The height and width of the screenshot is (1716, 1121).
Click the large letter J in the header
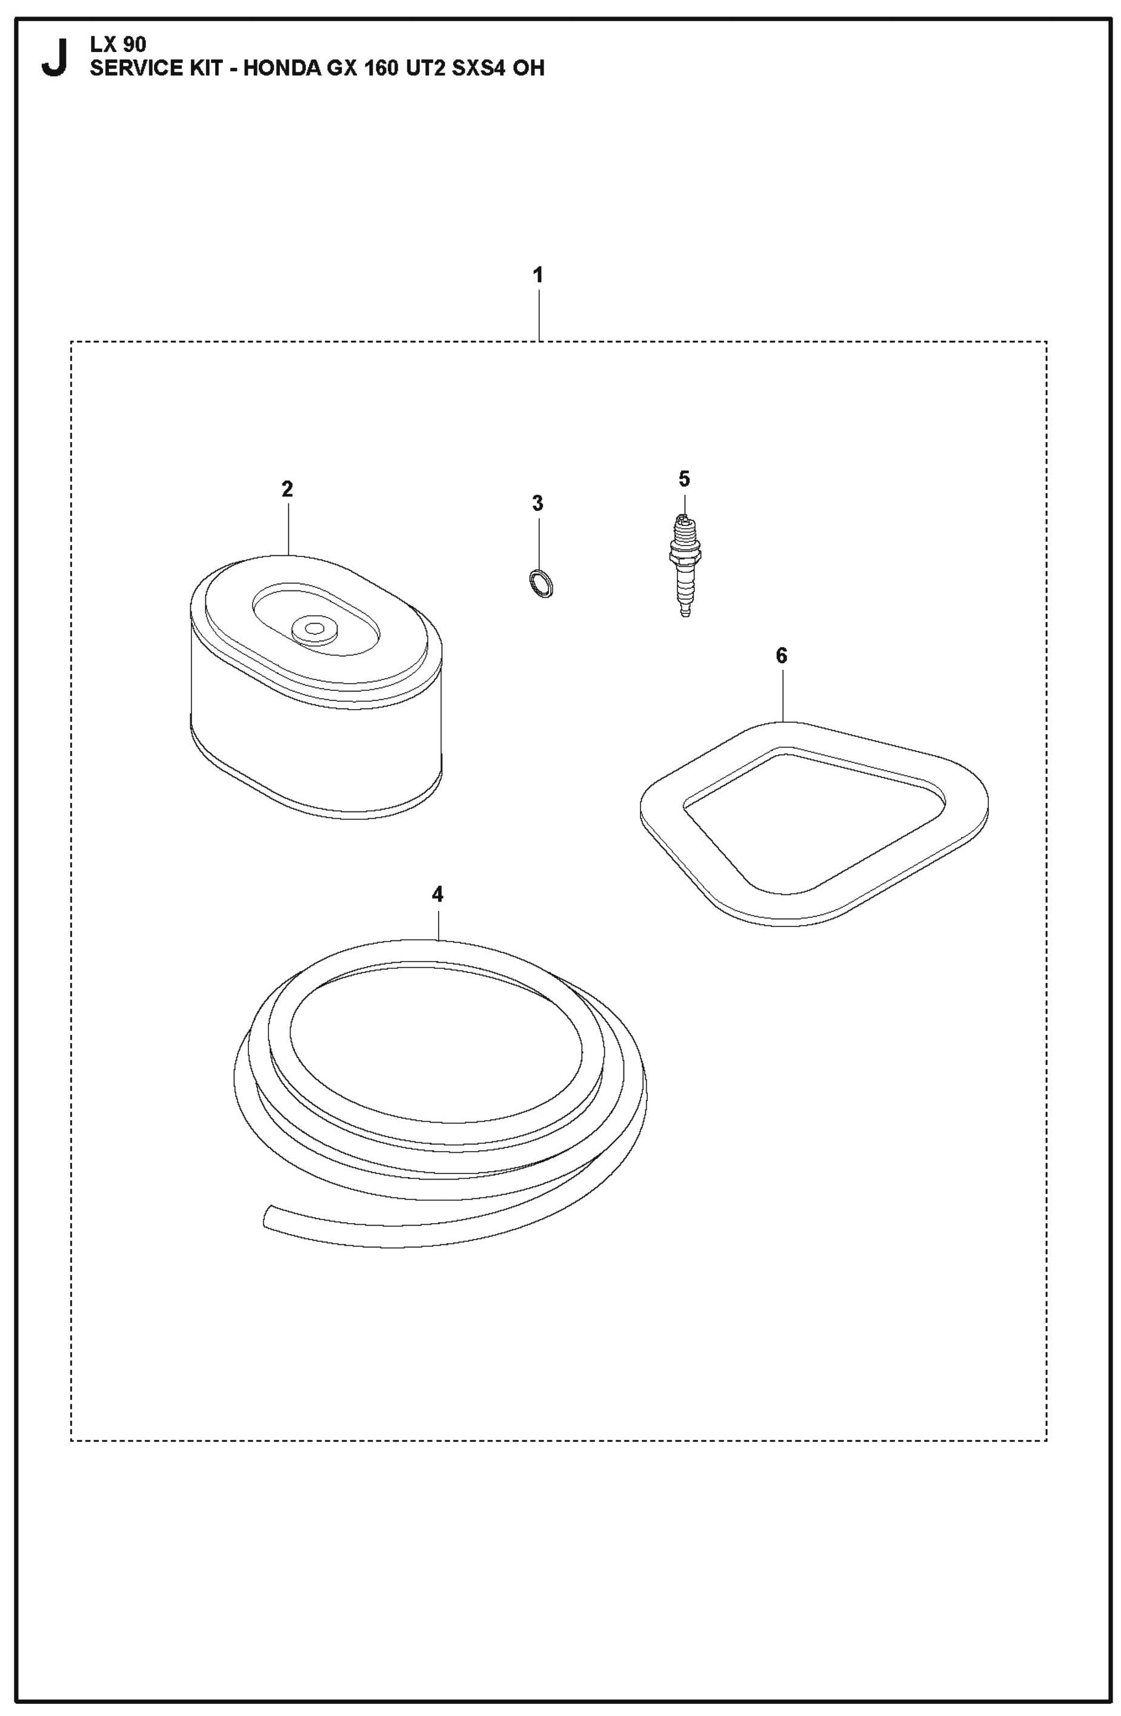pos(54,57)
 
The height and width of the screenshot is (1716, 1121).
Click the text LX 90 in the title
pos(118,45)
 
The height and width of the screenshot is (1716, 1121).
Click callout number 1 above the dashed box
pos(537,275)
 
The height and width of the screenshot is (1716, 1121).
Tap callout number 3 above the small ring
pos(537,503)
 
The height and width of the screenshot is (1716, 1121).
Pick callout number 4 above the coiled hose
pos(437,895)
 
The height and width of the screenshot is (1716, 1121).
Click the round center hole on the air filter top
pos(314,628)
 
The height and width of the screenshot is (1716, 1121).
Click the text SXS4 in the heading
pos(470,68)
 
